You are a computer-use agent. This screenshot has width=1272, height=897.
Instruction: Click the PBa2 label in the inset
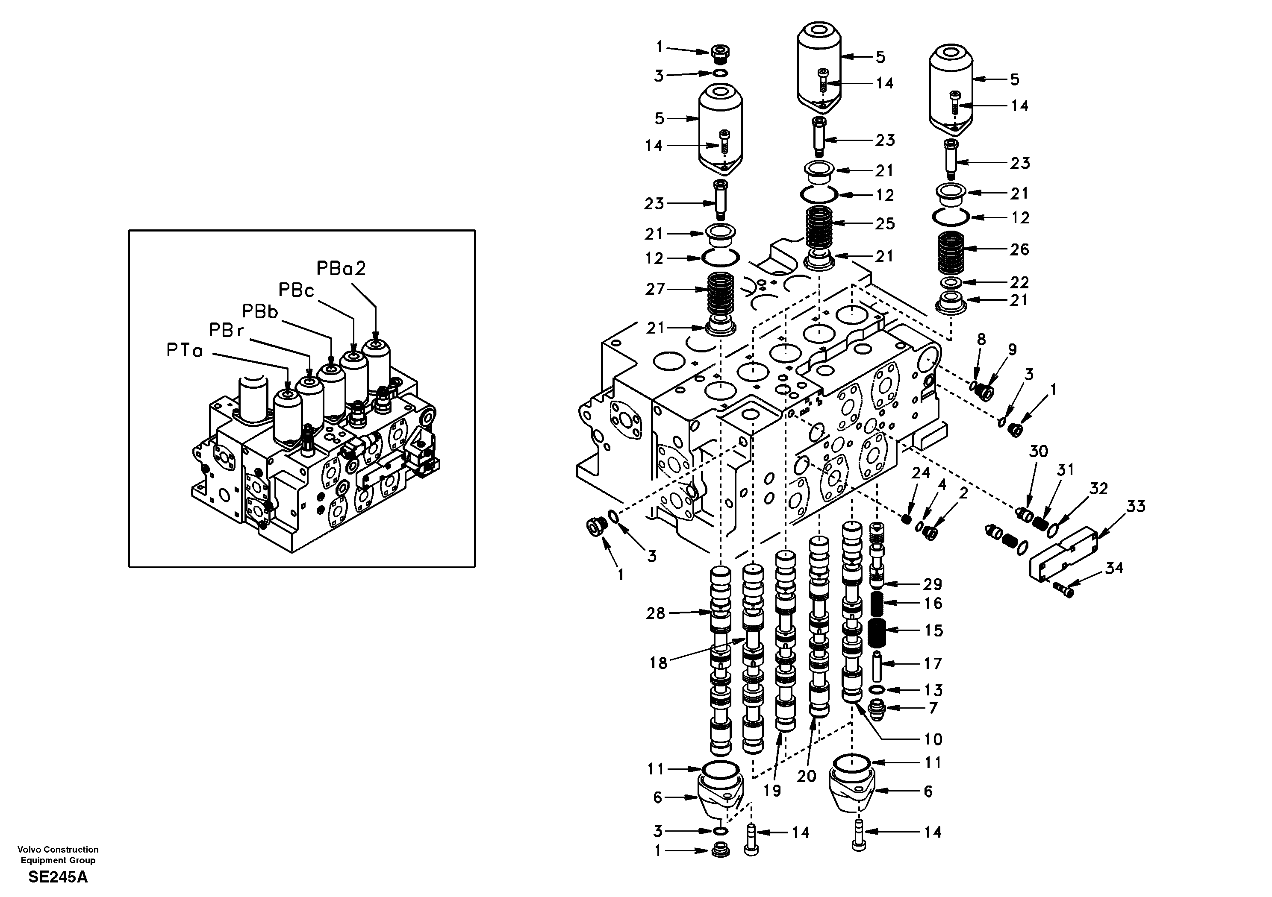point(341,269)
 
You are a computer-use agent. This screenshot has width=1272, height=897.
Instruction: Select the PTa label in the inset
point(185,351)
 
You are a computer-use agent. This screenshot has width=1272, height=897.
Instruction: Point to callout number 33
point(1136,506)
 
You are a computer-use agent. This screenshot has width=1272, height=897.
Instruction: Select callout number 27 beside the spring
point(655,289)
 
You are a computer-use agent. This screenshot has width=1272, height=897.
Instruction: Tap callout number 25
point(885,224)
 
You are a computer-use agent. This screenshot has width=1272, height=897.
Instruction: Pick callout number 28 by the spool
point(655,613)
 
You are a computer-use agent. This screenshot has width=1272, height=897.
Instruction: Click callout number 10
point(933,739)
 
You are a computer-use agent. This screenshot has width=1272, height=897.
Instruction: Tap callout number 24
point(921,473)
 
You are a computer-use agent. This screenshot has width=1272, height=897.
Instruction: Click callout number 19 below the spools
point(772,791)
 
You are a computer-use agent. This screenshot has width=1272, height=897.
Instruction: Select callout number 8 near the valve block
point(981,340)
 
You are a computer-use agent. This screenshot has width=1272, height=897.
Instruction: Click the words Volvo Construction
point(58,850)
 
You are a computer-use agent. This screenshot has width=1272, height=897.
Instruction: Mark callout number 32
point(1098,488)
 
